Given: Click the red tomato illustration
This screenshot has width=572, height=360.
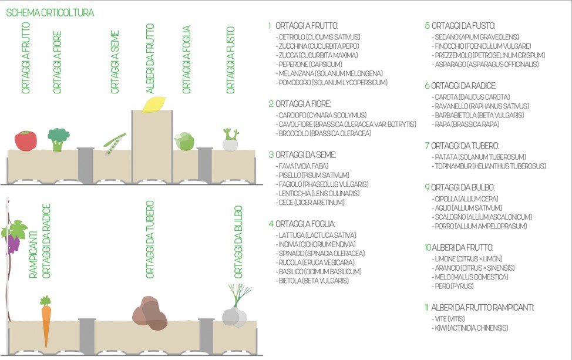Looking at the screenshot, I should [25, 140].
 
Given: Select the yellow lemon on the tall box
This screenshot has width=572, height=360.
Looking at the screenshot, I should [154, 104].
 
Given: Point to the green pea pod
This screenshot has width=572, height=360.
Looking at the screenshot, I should [115, 143].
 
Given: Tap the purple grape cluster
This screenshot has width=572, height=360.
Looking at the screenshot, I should [13, 241].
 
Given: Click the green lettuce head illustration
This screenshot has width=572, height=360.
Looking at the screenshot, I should [184, 141].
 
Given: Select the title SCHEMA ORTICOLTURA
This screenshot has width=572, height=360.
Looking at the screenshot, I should [50, 13].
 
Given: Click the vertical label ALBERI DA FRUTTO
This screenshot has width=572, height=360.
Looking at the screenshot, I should [150, 59].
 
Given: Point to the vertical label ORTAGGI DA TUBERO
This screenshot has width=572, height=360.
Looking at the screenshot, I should [150, 241].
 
